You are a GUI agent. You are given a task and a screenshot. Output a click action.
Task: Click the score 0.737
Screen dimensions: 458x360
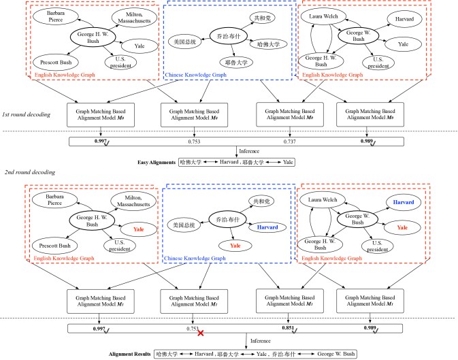[x=289, y=142]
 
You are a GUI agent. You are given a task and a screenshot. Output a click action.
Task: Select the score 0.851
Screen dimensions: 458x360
[x=288, y=328]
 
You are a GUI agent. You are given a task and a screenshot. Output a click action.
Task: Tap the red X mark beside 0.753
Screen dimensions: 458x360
[x=201, y=333]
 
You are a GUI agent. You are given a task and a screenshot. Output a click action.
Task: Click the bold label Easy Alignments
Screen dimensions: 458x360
[x=157, y=163]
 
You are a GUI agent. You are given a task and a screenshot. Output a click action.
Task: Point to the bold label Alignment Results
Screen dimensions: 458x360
[x=130, y=354]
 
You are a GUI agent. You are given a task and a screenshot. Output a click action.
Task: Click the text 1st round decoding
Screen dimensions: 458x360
[x=26, y=114]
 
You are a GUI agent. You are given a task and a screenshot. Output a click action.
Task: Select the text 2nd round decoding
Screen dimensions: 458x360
[x=29, y=172]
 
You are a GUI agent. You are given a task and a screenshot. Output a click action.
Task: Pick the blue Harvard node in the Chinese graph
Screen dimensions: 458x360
[x=267, y=227]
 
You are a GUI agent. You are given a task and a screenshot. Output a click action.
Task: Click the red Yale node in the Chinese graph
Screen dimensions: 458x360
[x=235, y=246]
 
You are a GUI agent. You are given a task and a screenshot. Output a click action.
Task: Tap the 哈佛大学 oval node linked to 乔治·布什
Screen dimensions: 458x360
[x=268, y=44]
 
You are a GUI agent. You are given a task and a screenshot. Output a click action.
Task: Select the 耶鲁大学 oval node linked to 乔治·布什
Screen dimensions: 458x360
[x=236, y=63]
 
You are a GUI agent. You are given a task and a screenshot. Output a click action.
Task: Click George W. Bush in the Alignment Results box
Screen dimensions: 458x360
[x=336, y=354]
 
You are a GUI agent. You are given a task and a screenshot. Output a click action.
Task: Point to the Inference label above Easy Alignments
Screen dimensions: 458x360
[x=249, y=151]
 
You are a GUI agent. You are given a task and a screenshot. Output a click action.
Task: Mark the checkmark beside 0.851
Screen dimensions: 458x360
[x=295, y=331]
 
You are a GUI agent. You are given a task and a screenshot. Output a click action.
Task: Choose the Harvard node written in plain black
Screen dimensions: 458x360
[x=404, y=19]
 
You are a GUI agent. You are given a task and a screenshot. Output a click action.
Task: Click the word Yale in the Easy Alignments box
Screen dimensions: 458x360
[x=288, y=162]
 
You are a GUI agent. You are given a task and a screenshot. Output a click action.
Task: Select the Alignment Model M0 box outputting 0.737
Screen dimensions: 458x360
[x=290, y=114]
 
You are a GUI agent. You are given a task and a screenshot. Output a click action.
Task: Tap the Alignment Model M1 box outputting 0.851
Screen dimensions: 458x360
[x=290, y=301]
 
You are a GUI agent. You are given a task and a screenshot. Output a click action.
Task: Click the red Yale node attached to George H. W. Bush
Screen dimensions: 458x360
[x=138, y=229]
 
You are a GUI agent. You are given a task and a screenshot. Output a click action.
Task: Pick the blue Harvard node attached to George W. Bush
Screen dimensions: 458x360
[x=404, y=202]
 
